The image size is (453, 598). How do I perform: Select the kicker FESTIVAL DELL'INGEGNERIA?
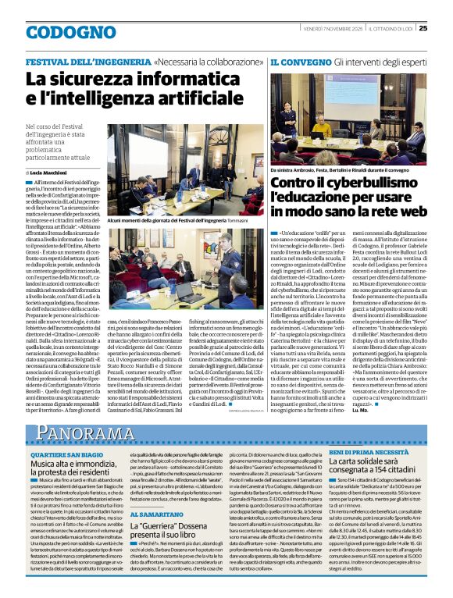[x=87, y=62]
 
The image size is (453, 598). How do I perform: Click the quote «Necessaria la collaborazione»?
[x=207, y=62]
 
